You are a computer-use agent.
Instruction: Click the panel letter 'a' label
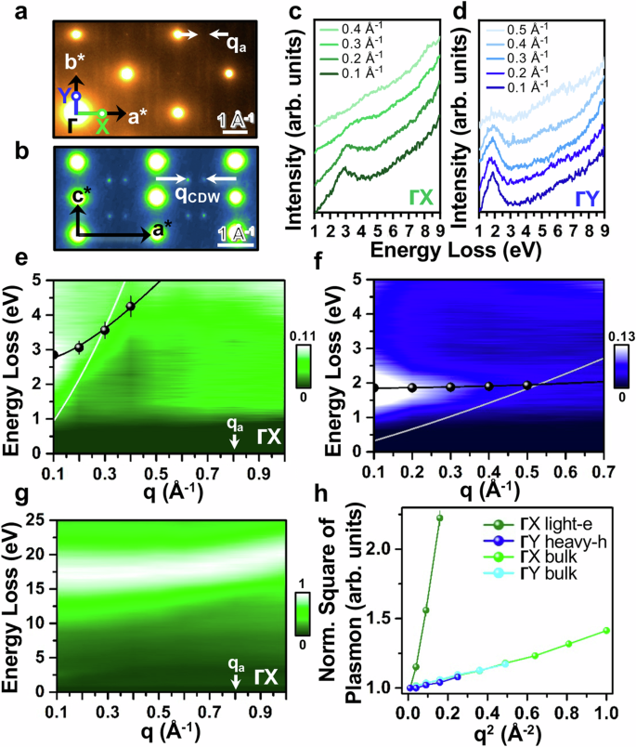pyautogui.click(x=15, y=11)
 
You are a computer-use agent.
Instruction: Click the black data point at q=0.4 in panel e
pyautogui.click(x=131, y=307)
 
